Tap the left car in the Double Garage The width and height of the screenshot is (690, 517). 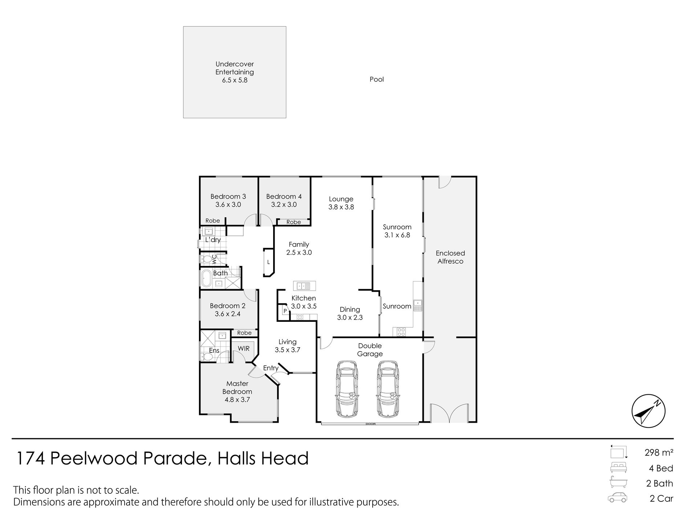(x=348, y=389)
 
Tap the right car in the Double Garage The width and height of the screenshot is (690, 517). (x=387, y=389)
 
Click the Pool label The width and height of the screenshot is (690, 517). (x=377, y=79)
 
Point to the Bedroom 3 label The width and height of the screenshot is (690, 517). (x=228, y=197)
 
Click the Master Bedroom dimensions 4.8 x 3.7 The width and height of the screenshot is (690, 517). (x=237, y=400)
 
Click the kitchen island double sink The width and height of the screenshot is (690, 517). (x=304, y=286)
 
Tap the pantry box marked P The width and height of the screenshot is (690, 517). (x=285, y=311)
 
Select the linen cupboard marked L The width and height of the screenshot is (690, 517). (x=268, y=262)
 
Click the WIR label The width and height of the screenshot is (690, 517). (x=244, y=348)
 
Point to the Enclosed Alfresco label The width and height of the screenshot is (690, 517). (x=450, y=257)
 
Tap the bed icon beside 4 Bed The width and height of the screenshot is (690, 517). (x=619, y=468)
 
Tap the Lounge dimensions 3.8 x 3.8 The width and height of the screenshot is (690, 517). (x=341, y=207)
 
